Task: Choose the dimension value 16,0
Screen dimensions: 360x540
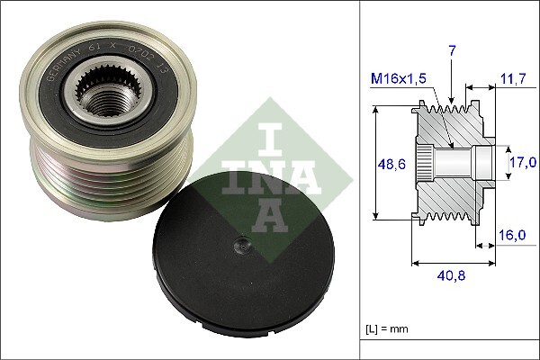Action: [x=512, y=236]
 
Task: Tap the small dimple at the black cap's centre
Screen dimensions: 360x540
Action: [x=240, y=243]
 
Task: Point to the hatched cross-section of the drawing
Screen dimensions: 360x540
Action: [x=450, y=193]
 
